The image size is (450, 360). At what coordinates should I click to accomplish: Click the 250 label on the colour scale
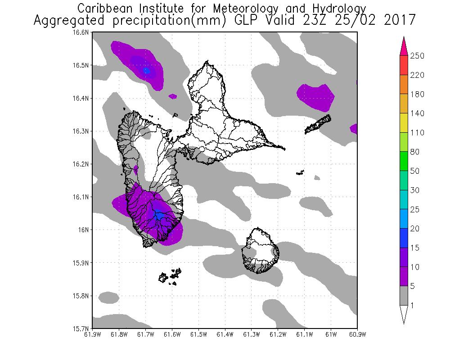418,56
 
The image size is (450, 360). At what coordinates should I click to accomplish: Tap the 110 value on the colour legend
418,133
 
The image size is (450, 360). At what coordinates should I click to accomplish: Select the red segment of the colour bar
404,65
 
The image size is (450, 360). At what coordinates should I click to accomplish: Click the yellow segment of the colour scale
404,123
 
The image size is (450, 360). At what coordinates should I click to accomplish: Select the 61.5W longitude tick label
198,334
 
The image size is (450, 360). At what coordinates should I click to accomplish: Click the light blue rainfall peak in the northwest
147,71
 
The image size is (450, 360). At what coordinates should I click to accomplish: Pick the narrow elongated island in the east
318,125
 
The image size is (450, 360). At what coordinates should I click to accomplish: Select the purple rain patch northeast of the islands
316,95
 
